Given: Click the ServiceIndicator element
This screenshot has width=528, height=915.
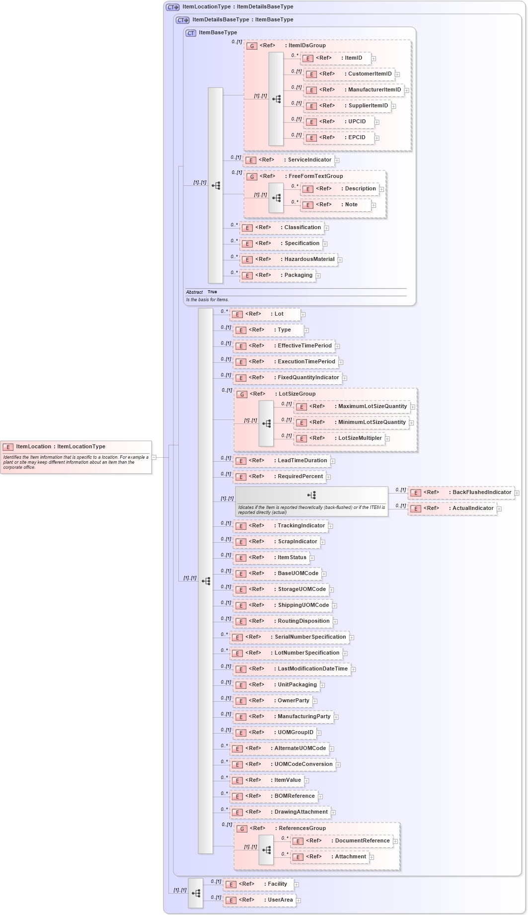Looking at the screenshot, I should (289, 160).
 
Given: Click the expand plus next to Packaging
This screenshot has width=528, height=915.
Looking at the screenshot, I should (318, 276).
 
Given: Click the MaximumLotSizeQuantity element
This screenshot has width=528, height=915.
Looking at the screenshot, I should (352, 407).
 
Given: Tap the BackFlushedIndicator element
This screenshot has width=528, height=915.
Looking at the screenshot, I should (461, 493).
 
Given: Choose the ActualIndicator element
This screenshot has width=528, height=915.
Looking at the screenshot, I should (453, 508).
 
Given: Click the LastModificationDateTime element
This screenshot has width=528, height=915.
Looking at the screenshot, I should (292, 669).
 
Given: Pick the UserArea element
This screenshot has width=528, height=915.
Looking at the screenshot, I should (259, 900).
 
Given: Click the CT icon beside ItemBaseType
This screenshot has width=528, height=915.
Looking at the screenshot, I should (191, 33).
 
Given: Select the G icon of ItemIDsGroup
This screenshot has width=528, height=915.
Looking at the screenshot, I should (252, 46).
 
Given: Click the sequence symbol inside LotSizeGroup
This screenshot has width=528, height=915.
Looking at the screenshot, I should (266, 423).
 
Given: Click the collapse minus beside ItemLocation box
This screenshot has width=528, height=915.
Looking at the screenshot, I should (154, 457).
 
